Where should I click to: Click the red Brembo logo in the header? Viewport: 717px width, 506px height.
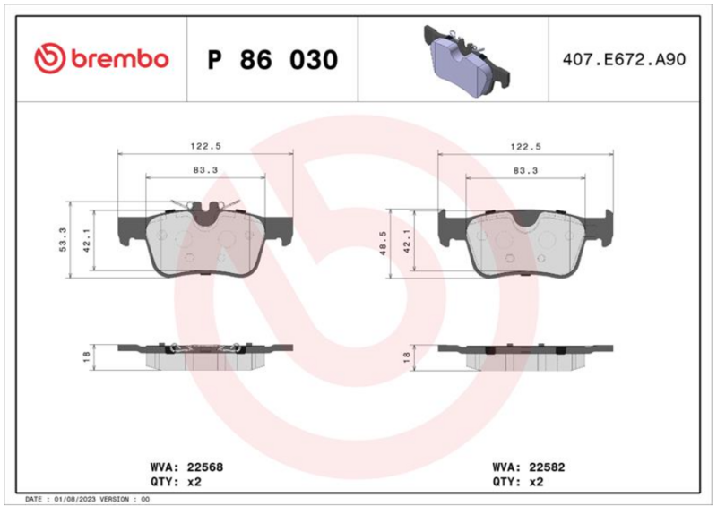(101, 58)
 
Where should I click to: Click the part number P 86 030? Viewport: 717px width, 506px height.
(272, 59)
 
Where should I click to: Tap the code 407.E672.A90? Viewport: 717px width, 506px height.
(624, 59)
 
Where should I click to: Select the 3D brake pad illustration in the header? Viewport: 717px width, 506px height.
(466, 61)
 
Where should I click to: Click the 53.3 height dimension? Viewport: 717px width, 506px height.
(63, 239)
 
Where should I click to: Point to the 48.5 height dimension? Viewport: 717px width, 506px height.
(384, 243)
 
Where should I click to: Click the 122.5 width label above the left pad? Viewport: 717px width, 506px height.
(206, 146)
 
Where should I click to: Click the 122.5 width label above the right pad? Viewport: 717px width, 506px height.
(526, 147)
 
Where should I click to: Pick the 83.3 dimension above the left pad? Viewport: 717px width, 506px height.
(205, 170)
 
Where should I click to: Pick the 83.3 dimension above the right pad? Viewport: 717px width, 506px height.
(525, 170)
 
